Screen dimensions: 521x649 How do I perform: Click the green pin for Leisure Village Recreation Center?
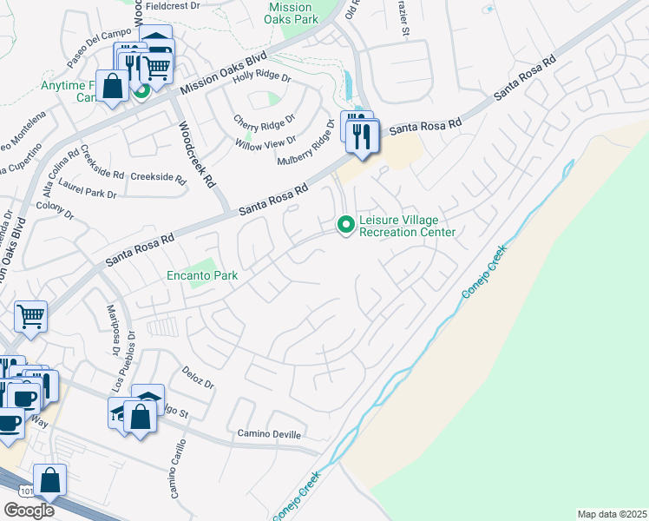pyautogui.click(x=346, y=225)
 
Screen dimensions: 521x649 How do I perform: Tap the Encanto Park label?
pyautogui.click(x=202, y=276)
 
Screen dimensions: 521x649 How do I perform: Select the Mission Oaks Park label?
pyautogui.click(x=290, y=13)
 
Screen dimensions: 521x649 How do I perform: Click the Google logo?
pyautogui.click(x=29, y=510)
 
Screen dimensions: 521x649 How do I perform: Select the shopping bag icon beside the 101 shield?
pyautogui.click(x=50, y=480)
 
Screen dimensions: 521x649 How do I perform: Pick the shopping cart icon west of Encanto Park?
pyautogui.click(x=30, y=317)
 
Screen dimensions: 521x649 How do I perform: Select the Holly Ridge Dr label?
pyautogui.click(x=261, y=77)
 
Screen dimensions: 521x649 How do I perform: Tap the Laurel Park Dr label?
pyautogui.click(x=87, y=195)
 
